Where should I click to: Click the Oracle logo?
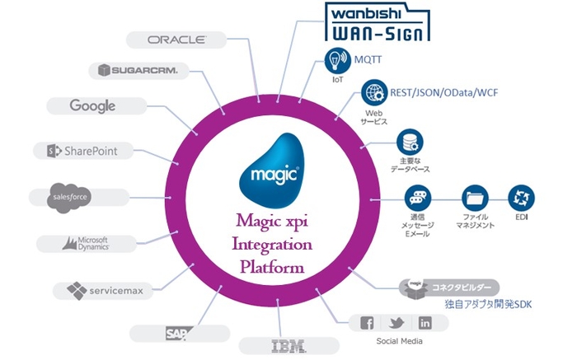(176, 39)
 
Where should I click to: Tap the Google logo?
(92, 106)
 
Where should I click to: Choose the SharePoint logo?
(82, 151)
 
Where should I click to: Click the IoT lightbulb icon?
(335, 60)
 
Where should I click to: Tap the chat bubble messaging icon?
(417, 198)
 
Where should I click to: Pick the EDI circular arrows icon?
(519, 198)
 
